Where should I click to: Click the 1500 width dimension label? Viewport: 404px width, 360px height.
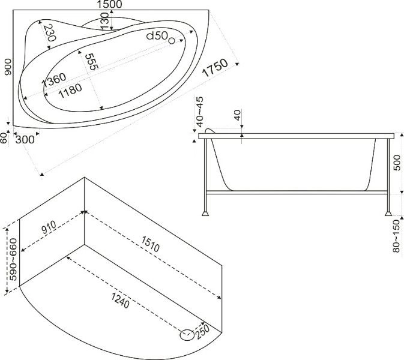[x=109, y=4]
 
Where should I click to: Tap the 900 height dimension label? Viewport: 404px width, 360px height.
[x=8, y=67]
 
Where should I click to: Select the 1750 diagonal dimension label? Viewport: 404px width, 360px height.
[x=215, y=68]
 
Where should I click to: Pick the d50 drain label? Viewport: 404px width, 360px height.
[x=157, y=35]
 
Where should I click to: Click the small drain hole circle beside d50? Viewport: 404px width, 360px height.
[x=172, y=40]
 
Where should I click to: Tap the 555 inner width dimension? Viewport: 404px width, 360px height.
[x=91, y=62]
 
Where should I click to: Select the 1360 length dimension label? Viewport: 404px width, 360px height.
[x=54, y=80]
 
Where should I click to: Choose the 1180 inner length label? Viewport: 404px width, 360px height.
[x=70, y=91]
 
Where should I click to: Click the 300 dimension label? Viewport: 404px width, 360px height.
[x=25, y=140]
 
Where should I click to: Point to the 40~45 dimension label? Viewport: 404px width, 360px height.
[x=200, y=112]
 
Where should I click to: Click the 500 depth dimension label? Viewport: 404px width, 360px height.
[x=397, y=162]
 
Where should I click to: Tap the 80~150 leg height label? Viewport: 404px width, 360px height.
[x=397, y=236]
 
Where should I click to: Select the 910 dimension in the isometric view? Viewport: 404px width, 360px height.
[x=49, y=227]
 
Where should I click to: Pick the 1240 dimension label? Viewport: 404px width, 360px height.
[x=120, y=301]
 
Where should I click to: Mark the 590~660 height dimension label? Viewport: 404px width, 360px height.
[x=13, y=259]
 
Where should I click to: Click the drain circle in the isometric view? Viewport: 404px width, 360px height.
[x=187, y=335]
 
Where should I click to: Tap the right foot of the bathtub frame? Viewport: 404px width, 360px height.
[x=388, y=213]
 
